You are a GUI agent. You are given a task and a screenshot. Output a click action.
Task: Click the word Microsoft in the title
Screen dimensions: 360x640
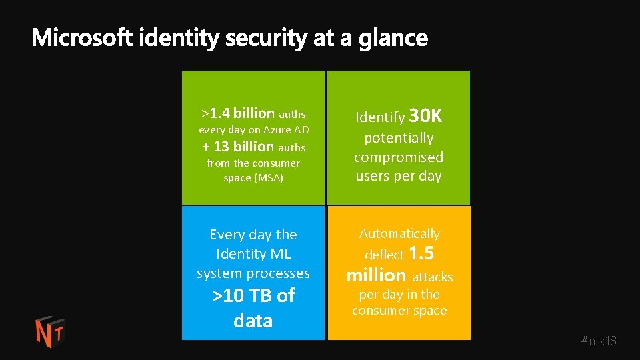(x=83, y=39)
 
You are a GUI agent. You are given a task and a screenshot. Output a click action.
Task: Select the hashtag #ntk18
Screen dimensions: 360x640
(x=599, y=341)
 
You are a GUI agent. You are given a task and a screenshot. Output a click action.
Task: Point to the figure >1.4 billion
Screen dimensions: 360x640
(x=238, y=113)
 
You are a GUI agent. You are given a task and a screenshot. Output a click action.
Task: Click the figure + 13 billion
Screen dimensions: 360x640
(x=238, y=147)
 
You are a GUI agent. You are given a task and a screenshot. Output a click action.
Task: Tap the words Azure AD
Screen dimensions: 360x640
(x=286, y=130)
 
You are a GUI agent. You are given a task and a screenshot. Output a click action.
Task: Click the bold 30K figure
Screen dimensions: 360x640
(x=425, y=117)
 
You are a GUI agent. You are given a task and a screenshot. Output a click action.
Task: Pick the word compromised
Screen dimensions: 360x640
(x=399, y=157)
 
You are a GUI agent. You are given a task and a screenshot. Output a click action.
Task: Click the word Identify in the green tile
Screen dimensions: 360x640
(x=380, y=118)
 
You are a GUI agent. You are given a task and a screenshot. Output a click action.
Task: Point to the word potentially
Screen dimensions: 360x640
(x=399, y=138)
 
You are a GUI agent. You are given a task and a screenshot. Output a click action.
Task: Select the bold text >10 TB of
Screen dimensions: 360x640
(x=253, y=296)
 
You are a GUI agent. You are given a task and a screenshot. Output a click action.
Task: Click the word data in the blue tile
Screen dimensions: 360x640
(x=253, y=321)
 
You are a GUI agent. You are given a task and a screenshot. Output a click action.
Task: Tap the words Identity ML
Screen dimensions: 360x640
(x=253, y=254)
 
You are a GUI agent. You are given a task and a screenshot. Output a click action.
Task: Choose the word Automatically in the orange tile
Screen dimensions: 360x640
(x=399, y=233)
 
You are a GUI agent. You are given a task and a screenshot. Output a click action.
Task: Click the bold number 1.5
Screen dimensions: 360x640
(x=421, y=253)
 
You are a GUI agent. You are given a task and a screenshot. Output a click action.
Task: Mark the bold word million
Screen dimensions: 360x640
(x=376, y=275)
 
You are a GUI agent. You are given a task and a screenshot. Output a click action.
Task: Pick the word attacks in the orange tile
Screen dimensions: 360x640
(x=433, y=277)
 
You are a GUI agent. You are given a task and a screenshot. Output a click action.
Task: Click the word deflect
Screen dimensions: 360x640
(x=384, y=255)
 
